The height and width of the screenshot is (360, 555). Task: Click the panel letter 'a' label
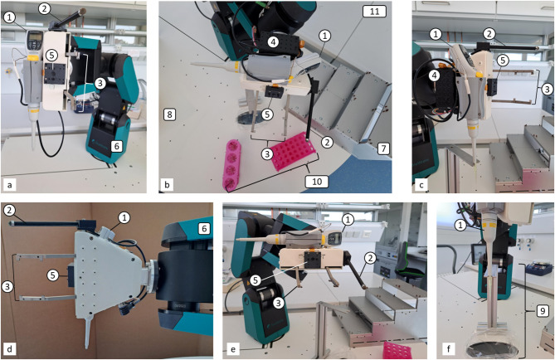click(x=9, y=185)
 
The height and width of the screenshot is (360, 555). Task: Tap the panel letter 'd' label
click(x=9, y=349)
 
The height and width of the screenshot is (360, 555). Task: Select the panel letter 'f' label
click(x=449, y=349)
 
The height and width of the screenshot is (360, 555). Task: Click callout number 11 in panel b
click(x=374, y=12)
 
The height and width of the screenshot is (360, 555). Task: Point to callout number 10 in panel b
click(x=316, y=182)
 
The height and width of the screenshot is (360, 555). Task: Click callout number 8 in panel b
click(x=169, y=114)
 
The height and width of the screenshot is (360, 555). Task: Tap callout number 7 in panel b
click(x=383, y=148)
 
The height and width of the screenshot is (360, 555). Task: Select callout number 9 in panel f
click(x=541, y=311)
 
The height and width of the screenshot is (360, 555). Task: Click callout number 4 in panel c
click(x=436, y=75)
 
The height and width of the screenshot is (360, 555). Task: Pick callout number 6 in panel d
click(x=204, y=228)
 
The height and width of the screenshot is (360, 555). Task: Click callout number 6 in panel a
click(x=116, y=145)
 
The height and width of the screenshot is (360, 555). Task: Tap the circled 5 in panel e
click(x=256, y=280)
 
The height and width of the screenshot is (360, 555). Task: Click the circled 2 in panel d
click(x=9, y=211)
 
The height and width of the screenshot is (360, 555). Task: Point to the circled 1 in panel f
click(x=460, y=225)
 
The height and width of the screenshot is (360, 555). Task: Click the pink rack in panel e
click(x=398, y=350)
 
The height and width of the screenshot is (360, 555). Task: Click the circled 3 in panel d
click(x=7, y=287)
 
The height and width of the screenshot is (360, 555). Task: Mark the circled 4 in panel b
click(x=273, y=42)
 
